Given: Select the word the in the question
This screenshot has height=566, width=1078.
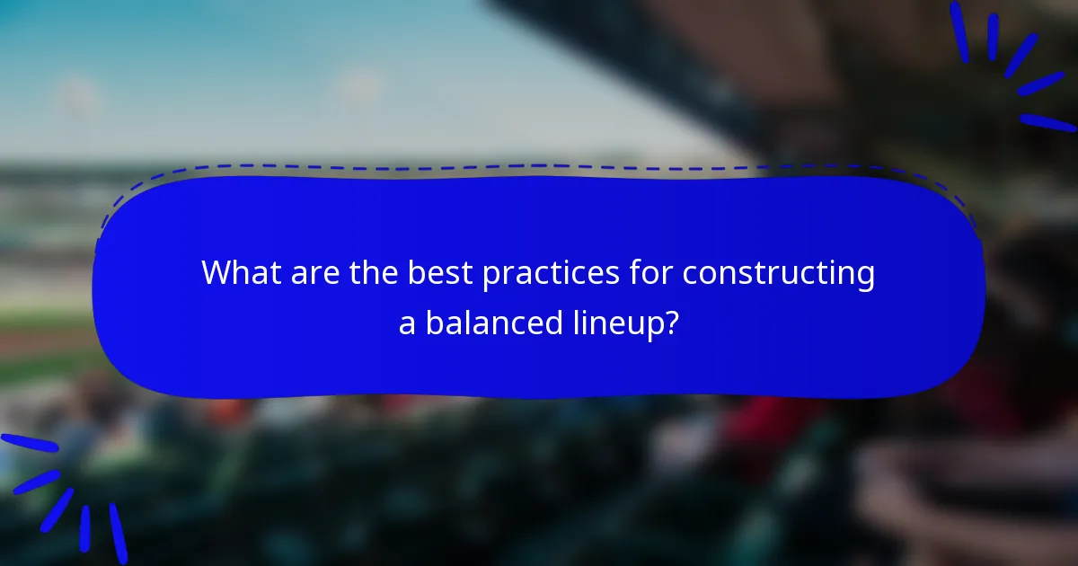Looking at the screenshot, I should click(x=368, y=273).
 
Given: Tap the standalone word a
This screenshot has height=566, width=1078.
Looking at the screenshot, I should click(x=407, y=323).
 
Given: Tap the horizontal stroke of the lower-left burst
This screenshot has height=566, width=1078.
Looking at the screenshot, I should click(x=29, y=443).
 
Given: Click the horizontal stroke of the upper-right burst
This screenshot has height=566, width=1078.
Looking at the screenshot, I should click(x=1047, y=122).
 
